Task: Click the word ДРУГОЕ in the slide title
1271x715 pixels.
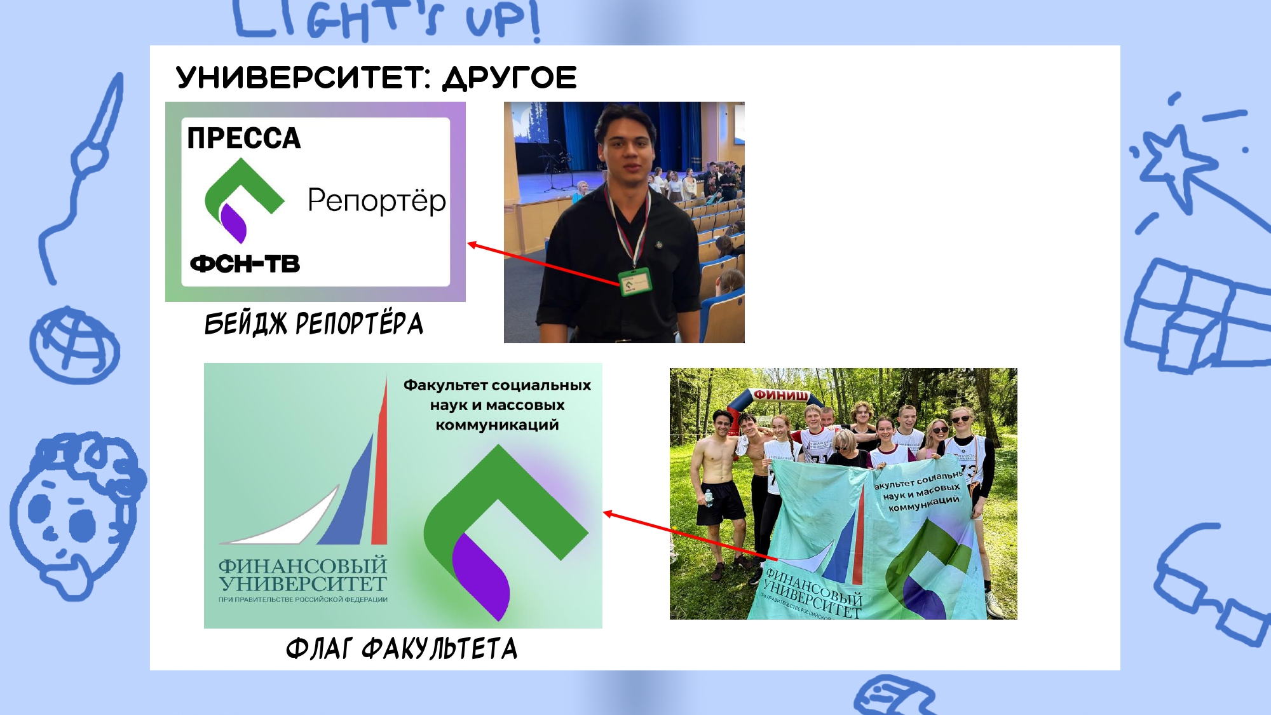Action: [x=510, y=78]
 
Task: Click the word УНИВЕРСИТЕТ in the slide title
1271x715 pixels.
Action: [x=303, y=78]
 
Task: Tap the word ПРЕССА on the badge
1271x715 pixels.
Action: [x=243, y=138]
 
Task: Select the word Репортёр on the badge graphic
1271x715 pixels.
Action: [x=376, y=200]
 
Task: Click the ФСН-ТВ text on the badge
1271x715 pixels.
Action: [x=245, y=264]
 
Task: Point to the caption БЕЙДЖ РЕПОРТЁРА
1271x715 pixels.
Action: [x=313, y=323]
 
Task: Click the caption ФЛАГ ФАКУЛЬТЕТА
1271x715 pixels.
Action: [x=402, y=649]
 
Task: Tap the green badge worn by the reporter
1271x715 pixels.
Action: [x=635, y=282]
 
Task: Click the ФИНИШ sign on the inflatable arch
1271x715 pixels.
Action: [x=781, y=395]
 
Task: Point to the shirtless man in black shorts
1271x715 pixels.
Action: [x=719, y=483]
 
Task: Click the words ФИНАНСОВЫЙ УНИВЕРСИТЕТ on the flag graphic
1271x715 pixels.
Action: [x=302, y=575]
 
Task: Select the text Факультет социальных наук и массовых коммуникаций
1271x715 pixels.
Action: [x=497, y=405]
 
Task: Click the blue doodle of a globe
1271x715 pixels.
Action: [x=74, y=345]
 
